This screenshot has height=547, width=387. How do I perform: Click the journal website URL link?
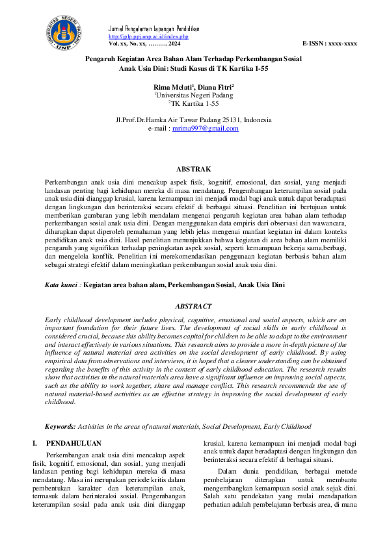pyautogui.click(x=138, y=36)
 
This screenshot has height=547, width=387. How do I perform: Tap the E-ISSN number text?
pyautogui.click(x=330, y=43)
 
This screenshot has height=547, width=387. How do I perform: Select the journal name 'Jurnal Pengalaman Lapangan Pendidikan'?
pyautogui.click(x=153, y=29)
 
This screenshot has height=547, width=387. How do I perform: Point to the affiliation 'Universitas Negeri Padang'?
pyautogui.click(x=194, y=95)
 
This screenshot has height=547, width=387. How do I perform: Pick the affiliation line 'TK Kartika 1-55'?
pyautogui.click(x=194, y=103)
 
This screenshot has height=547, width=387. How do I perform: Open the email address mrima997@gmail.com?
pyautogui.click(x=205, y=129)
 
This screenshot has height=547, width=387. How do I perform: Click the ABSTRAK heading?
pyautogui.click(x=194, y=169)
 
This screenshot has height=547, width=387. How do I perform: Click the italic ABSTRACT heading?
pyautogui.click(x=194, y=306)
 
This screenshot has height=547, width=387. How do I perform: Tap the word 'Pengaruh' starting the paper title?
pyautogui.click(x=102, y=58)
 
